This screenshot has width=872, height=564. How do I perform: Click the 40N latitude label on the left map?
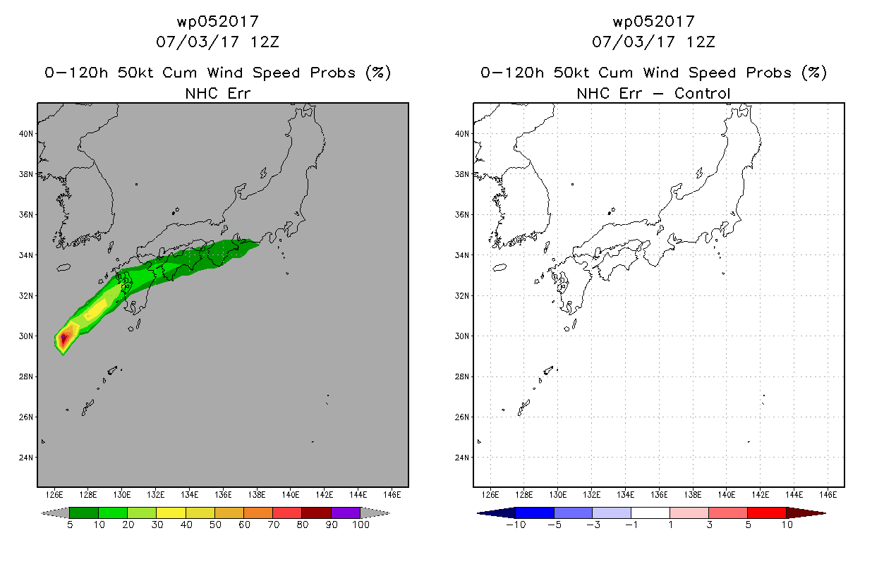point(26,134)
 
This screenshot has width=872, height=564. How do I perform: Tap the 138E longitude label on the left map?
point(257,495)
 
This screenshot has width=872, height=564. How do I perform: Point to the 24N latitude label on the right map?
point(462,458)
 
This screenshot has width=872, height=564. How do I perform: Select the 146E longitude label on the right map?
point(828,495)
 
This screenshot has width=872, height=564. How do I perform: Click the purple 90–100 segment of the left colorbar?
point(346,513)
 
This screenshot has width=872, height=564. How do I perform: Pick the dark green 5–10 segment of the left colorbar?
point(84,513)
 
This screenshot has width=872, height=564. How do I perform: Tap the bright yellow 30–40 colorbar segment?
point(171,513)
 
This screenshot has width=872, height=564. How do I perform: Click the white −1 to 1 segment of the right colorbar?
point(650,513)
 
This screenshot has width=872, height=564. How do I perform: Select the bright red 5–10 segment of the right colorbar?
point(767,513)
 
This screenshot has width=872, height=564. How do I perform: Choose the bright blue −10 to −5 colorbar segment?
point(535,513)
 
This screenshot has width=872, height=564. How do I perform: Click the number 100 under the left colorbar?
point(361,525)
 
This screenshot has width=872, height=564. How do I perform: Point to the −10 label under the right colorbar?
point(516,525)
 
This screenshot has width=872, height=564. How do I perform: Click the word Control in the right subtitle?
point(702,94)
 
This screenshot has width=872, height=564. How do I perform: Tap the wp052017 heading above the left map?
point(218,22)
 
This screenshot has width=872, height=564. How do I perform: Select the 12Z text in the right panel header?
point(701,42)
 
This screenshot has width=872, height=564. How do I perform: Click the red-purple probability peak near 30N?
point(63,338)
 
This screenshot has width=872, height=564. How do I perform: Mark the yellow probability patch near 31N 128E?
point(96,309)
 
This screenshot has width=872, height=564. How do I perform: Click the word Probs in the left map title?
point(333,73)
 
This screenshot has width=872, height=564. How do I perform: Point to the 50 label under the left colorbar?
point(215,525)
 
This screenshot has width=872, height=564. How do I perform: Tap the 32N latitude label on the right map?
point(462,295)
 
